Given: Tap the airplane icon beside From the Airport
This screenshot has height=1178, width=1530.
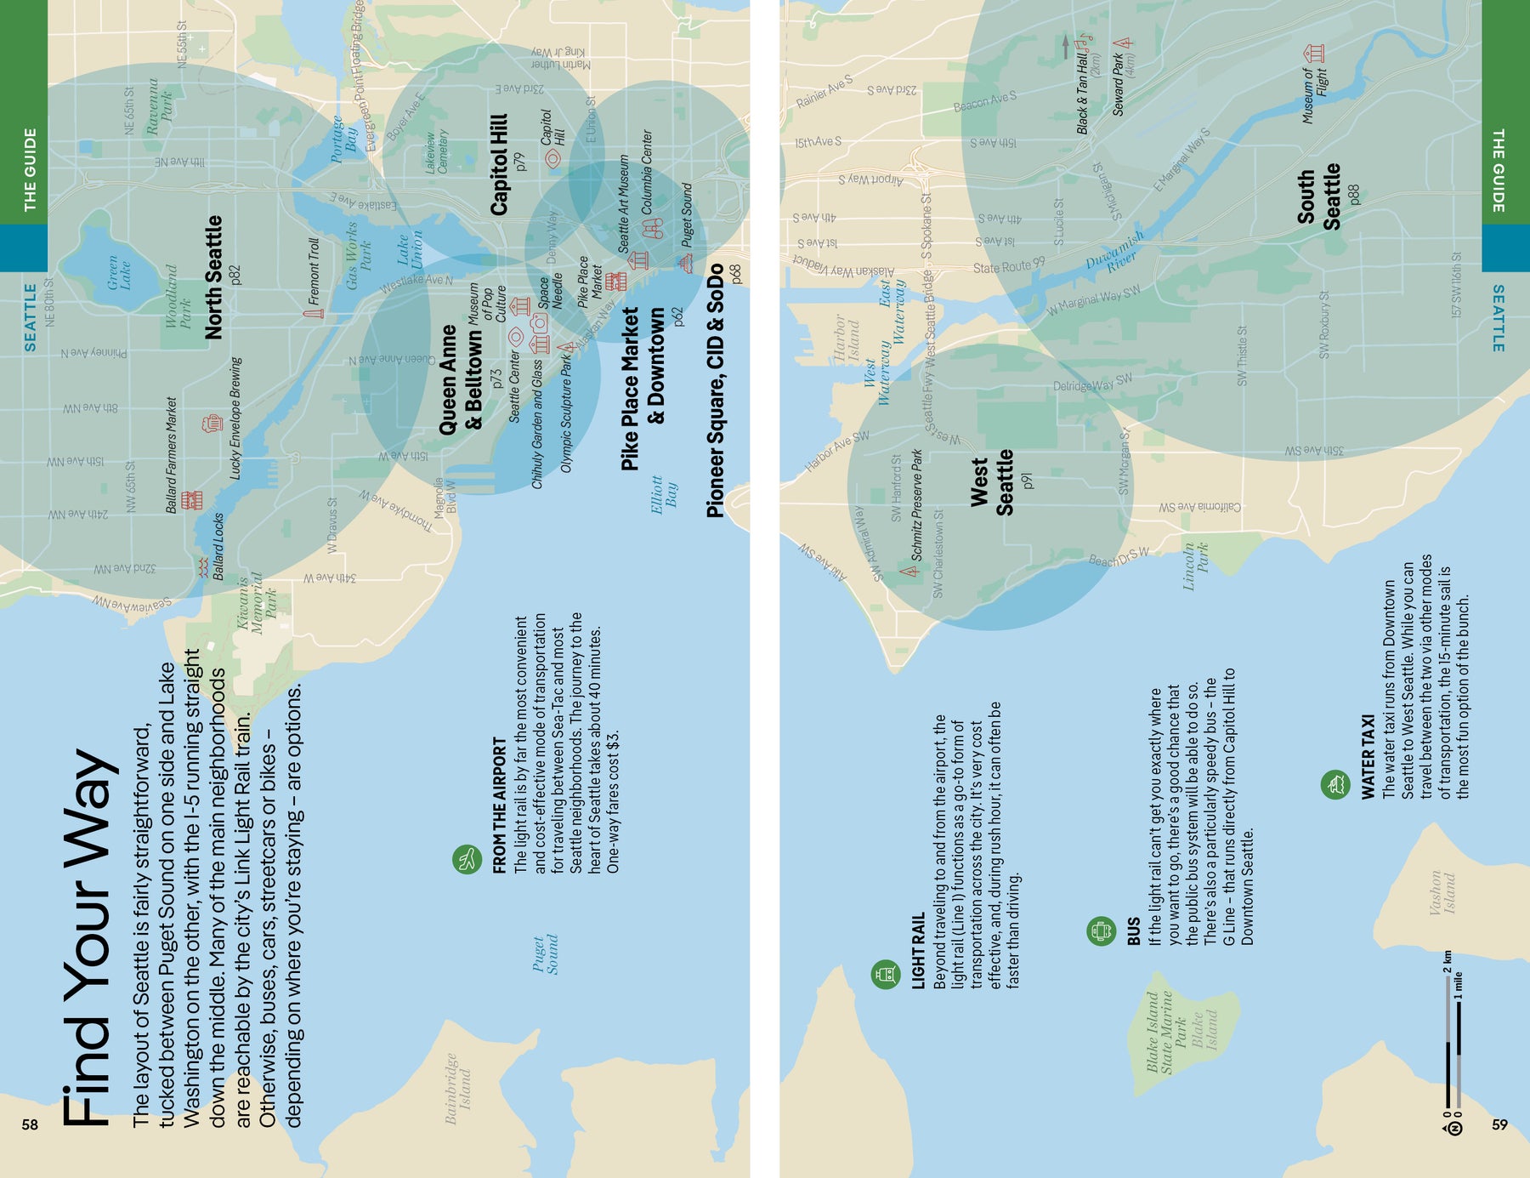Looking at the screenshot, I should point(467,859).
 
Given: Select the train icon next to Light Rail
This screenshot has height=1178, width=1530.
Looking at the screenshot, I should point(885,973).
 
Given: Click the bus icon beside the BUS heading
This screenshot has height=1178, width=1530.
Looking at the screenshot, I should point(1101,931).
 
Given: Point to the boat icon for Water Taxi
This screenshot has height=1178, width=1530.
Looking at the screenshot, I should point(1334,784).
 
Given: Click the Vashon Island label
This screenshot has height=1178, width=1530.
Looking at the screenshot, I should point(1442,892).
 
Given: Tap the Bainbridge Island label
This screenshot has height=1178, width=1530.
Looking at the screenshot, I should point(457,1089).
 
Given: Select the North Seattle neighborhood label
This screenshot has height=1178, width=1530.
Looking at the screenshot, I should point(214,276).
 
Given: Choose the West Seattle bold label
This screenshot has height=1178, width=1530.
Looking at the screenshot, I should point(992,482).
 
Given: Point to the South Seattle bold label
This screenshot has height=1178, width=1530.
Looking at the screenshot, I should point(1318,197).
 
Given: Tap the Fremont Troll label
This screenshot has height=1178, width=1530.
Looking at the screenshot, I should point(314,271).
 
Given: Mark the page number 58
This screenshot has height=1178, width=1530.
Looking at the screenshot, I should point(30,1124).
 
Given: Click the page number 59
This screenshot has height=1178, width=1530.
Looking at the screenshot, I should point(1499,1124).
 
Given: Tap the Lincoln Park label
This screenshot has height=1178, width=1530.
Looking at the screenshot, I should point(1195,566).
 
